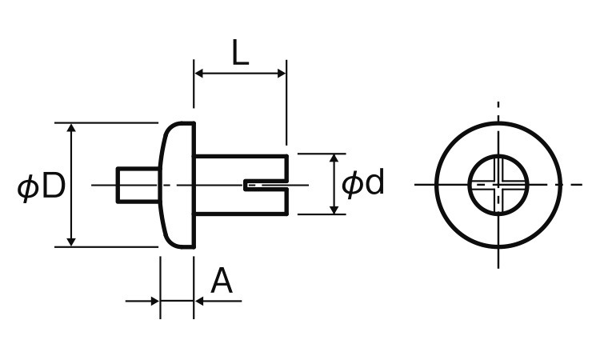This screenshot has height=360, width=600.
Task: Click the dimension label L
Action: click(x=240, y=53)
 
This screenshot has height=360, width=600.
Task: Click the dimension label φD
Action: click(x=42, y=187)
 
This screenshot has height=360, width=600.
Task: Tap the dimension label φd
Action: click(x=363, y=184)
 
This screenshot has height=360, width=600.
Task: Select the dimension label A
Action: click(x=222, y=282)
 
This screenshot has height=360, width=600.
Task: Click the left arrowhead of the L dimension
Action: click(x=199, y=74)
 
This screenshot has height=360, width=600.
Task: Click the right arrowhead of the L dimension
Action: click(x=281, y=74)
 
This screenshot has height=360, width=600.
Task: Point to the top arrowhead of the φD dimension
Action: click(x=71, y=129)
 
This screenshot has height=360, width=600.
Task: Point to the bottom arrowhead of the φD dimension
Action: click(x=71, y=241)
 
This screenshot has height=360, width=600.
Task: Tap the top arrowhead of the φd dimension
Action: click(x=334, y=159)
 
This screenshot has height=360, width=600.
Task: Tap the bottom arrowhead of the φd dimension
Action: click(x=334, y=209)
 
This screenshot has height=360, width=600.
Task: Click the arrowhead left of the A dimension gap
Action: click(x=154, y=302)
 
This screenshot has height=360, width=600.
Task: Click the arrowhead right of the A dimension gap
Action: click(x=200, y=302)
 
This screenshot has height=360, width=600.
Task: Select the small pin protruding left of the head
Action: click(x=136, y=185)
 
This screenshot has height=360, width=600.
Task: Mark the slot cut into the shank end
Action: click(x=264, y=185)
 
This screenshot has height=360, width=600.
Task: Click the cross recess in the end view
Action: click(x=498, y=185)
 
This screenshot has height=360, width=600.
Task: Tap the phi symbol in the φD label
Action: click(x=28, y=188)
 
